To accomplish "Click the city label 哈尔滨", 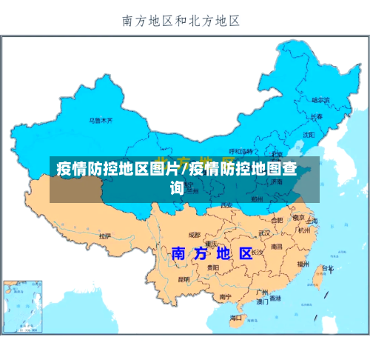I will pos(320,99).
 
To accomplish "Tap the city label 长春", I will pos(316,116).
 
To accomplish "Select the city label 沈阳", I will pos(309,134).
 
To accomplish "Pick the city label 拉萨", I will pos(106,236).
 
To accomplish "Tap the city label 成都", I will pos(194,234).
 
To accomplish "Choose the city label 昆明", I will pos(184,279).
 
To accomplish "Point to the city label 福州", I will pos(303,263).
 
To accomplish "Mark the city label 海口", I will pos(236,318).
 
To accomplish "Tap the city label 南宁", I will pos(226,296).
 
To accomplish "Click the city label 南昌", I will pos(276,246).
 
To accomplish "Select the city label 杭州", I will pos(304,230).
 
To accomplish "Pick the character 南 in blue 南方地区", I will pos(179,253).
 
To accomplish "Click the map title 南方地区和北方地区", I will pos(181,21).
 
